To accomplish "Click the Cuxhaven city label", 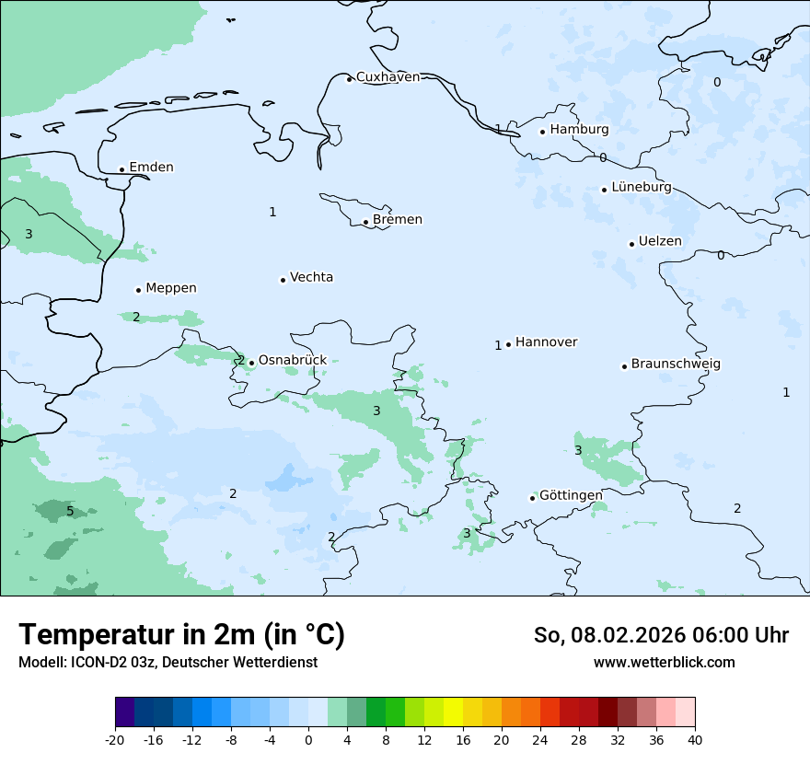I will pyautogui.click(x=388, y=77).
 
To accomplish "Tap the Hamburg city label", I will pyautogui.click(x=579, y=130).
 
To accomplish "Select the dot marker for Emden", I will pyautogui.click(x=121, y=169).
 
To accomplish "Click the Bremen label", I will pyautogui.click(x=398, y=220).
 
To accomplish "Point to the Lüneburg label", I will pyautogui.click(x=641, y=187).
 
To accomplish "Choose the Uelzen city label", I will pyautogui.click(x=660, y=241).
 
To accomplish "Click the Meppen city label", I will pyautogui.click(x=170, y=288).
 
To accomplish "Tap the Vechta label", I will pyautogui.click(x=311, y=277).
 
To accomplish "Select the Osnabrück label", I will pyautogui.click(x=292, y=360).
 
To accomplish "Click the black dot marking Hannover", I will pyautogui.click(x=508, y=344).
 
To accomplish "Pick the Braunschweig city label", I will pyautogui.click(x=676, y=364).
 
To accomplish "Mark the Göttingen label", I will pyautogui.click(x=571, y=495).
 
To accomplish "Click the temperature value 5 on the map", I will pyautogui.click(x=70, y=511).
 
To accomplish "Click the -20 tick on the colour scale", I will pyautogui.click(x=115, y=739).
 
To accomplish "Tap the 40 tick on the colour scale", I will pyautogui.click(x=695, y=739).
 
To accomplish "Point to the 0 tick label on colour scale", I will pyautogui.click(x=308, y=739).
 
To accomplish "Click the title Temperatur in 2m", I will pyautogui.click(x=181, y=635).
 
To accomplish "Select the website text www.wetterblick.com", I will pyautogui.click(x=664, y=662).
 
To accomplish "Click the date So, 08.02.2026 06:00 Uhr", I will pyautogui.click(x=661, y=635).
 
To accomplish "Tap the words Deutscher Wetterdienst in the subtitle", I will pyautogui.click(x=247, y=662).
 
